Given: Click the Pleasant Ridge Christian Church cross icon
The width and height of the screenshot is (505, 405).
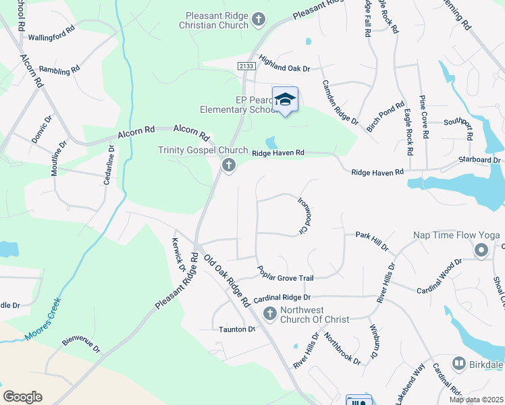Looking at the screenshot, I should coord(258,20).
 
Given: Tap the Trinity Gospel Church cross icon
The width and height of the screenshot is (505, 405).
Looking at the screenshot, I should coord(229,165).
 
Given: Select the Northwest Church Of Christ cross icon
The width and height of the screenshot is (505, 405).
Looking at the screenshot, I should coord(269,313).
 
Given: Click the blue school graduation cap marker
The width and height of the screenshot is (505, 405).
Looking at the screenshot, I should coord(286,99).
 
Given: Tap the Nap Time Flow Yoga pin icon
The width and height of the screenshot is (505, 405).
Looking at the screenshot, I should coord(481,251).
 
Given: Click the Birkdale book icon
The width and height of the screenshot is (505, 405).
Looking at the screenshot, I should coord(459,364).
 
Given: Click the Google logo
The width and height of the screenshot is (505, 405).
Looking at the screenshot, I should coord(22,396).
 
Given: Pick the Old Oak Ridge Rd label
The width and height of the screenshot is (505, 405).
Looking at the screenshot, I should coord(227,281).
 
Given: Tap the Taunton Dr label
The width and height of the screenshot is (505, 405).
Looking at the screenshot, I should coord(237,329).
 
